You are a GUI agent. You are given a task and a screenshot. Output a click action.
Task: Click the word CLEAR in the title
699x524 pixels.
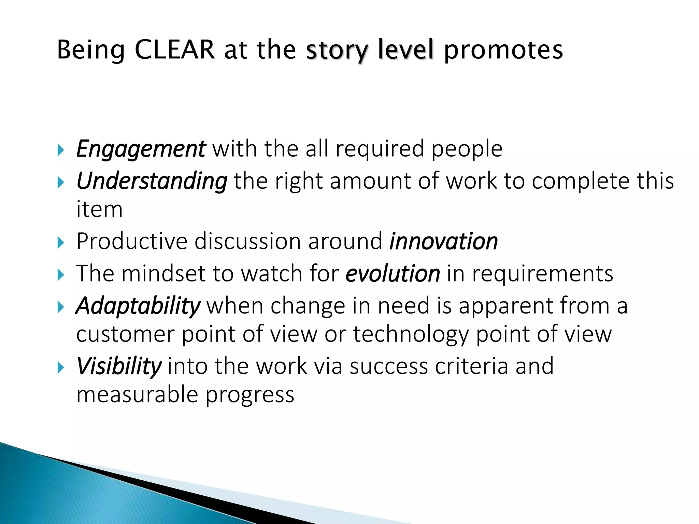(175, 50)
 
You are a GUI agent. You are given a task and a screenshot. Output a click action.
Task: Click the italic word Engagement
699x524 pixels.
(141, 149)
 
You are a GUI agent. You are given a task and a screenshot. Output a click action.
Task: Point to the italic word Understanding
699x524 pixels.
(152, 181)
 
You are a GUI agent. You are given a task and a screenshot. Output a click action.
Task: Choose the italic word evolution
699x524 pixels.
(393, 274)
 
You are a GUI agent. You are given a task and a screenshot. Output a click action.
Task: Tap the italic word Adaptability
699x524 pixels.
(138, 306)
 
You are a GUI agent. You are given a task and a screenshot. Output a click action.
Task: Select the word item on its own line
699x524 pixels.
(99, 209)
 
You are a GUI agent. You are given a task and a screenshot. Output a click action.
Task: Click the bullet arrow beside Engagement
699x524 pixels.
(61, 150)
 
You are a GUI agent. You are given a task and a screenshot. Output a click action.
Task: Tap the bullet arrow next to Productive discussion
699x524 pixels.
(61, 243)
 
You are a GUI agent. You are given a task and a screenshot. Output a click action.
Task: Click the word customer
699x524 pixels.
(125, 334)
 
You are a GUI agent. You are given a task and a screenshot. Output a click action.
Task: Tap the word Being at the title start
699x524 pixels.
(91, 50)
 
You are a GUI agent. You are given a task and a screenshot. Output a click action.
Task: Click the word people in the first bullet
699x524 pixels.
(467, 149)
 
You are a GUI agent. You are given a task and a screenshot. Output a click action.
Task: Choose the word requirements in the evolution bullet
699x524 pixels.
(542, 274)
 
